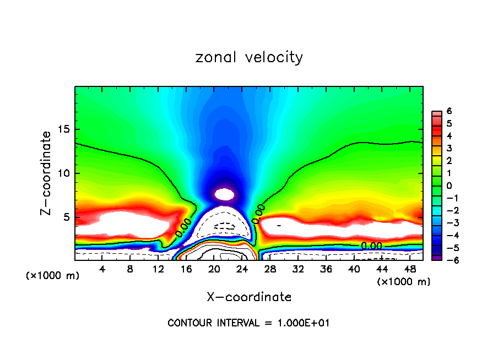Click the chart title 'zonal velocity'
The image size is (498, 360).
(x=249, y=57)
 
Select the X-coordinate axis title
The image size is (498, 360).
(x=249, y=297)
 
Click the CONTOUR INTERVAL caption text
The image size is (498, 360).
(x=248, y=323)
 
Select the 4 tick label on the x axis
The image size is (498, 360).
(x=102, y=269)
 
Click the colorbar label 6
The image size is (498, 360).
(x=449, y=111)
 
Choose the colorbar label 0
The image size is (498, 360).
(x=449, y=186)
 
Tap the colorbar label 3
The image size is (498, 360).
(x=449, y=148)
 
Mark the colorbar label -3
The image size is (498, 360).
(x=447, y=223)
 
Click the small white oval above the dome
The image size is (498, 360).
(x=224, y=194)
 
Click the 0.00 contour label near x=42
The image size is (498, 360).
(x=371, y=246)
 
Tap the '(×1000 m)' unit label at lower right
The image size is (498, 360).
(x=404, y=282)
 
